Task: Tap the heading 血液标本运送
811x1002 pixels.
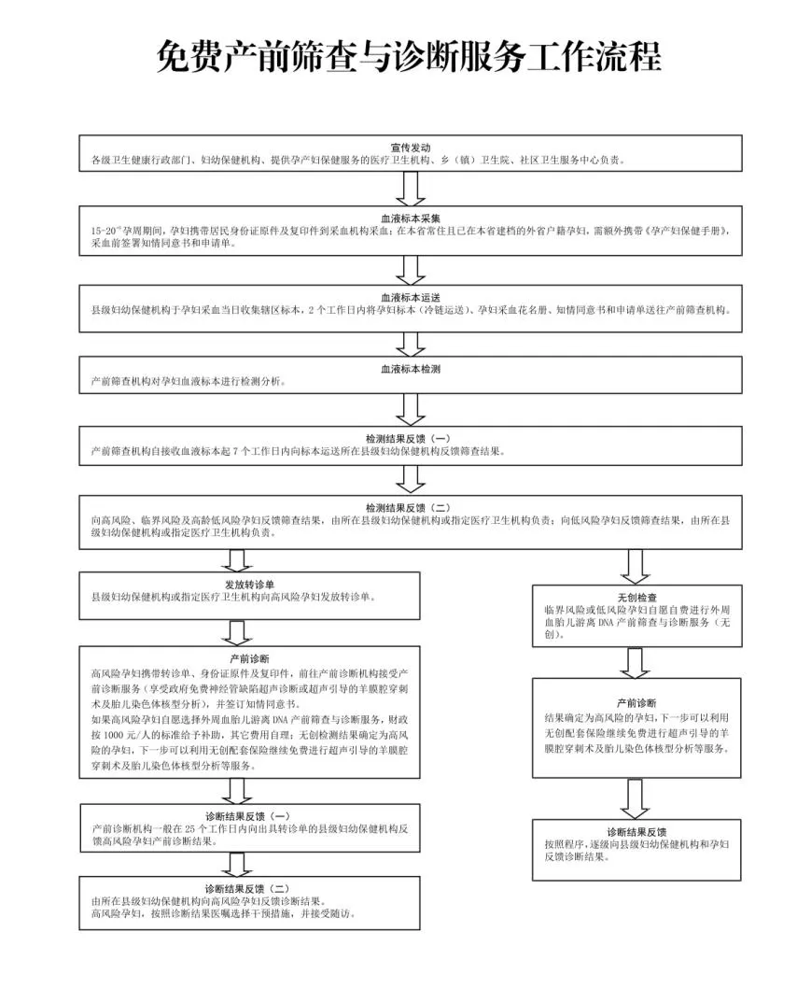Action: (410, 296)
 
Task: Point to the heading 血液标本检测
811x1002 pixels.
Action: (410, 369)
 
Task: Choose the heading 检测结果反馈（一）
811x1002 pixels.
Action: (410, 438)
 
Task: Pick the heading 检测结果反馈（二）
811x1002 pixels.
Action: (410, 507)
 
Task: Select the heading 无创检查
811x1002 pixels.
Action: (636, 596)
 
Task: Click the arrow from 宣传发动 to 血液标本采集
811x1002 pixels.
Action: (410, 187)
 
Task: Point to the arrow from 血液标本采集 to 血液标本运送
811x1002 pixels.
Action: (410, 269)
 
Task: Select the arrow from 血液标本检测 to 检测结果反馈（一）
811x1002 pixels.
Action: (410, 409)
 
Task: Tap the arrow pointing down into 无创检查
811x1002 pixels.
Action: (636, 566)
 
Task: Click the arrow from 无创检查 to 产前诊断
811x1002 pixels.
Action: (636, 662)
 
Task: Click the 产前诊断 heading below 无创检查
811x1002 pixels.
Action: (636, 702)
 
